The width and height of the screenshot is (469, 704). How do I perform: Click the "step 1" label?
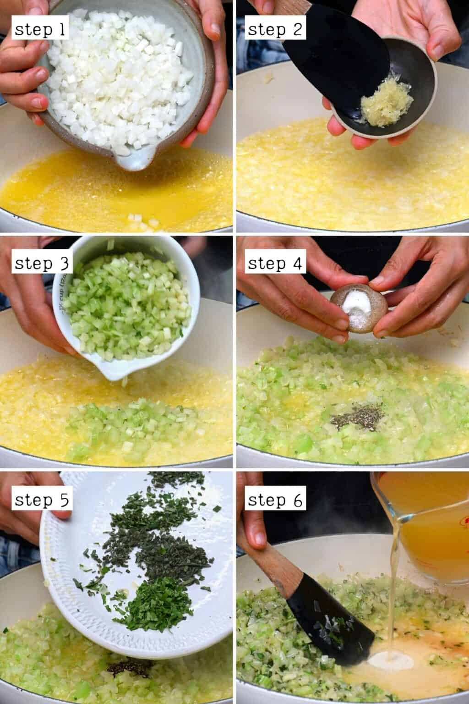click(40, 30)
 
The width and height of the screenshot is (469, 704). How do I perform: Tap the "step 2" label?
click(275, 30)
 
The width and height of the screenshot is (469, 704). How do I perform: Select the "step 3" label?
click(42, 264)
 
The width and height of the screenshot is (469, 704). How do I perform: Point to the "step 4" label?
click(275, 264)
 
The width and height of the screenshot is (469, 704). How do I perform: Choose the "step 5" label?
click(42, 500)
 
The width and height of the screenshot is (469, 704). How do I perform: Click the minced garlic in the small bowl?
click(386, 98)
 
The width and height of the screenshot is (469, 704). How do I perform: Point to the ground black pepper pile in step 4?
click(357, 417)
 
